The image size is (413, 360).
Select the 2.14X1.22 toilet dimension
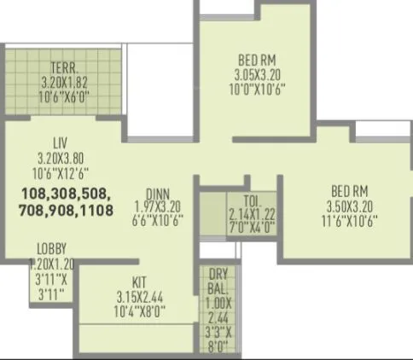click(x=252, y=215)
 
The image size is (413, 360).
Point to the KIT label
click(x=139, y=282)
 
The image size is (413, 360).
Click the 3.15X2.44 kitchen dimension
click(x=139, y=296)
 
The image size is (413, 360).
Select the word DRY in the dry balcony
click(x=218, y=275)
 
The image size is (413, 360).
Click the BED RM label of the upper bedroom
click(x=256, y=61)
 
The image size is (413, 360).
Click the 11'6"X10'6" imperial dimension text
click(x=350, y=219)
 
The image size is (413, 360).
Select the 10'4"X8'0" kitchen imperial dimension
click(x=139, y=311)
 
